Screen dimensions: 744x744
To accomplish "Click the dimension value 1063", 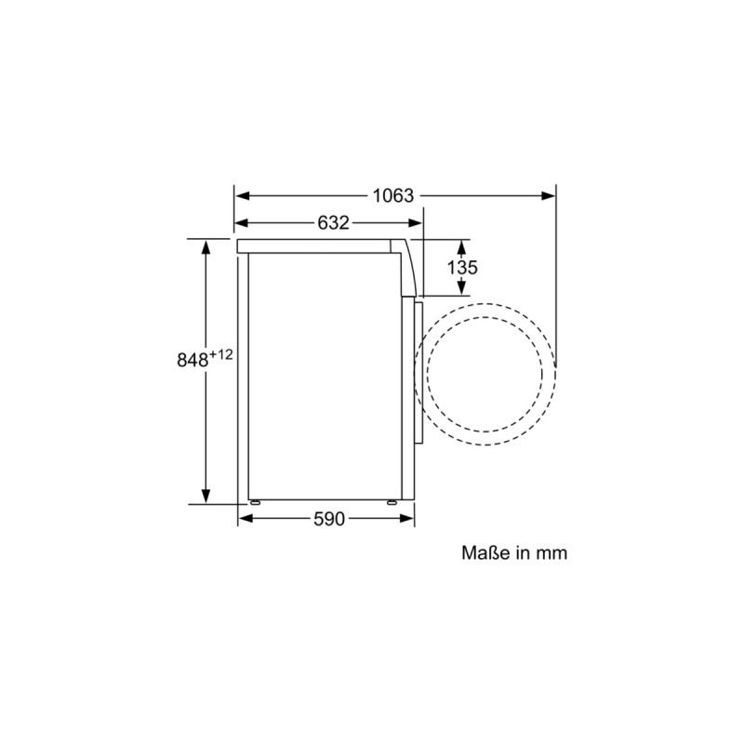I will click(392, 195).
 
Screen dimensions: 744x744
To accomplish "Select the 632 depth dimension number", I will click(332, 223).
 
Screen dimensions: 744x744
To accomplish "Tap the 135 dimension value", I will click(462, 268).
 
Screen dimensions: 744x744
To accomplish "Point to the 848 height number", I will click(193, 361).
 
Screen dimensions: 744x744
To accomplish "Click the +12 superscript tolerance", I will click(220, 354).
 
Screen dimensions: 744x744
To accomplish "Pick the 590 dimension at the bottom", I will click(328, 519).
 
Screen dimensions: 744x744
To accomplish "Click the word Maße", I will click(483, 552).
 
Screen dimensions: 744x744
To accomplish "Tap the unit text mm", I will click(549, 552).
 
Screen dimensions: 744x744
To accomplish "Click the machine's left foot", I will click(253, 503).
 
